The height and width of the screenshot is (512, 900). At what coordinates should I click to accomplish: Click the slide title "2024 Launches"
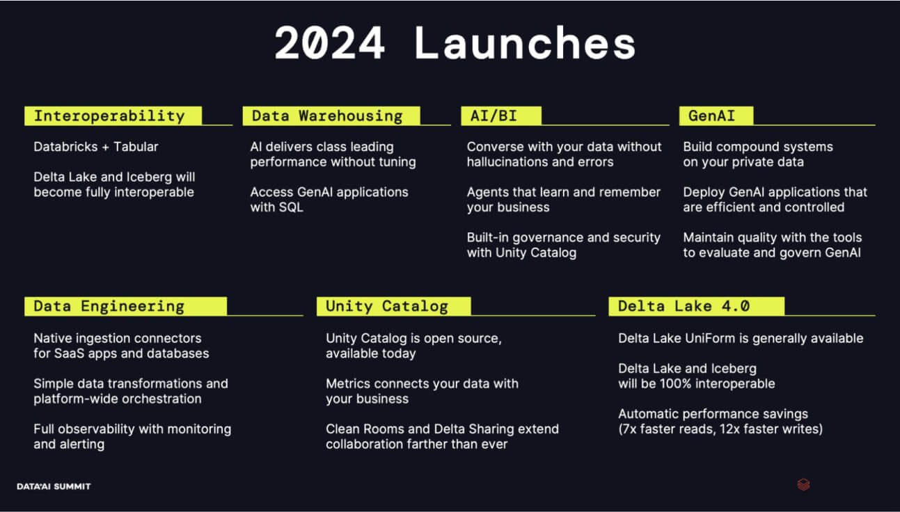[455, 42]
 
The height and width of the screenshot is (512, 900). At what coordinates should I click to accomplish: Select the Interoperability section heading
[113, 116]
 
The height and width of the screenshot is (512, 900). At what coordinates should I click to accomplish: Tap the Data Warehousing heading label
[331, 116]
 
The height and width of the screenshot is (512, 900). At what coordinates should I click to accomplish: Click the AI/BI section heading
[501, 116]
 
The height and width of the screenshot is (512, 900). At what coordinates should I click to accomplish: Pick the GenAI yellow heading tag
[716, 116]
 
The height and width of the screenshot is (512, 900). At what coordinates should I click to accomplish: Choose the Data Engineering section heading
[125, 306]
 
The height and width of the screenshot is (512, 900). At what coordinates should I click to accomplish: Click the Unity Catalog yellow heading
[393, 306]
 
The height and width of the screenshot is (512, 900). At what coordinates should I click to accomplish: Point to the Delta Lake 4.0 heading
[696, 306]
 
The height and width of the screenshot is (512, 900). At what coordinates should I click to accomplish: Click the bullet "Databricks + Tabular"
[96, 147]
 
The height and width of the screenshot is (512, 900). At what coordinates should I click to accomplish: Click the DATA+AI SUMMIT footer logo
[54, 486]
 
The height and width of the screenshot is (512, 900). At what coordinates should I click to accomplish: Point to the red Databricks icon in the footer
[803, 485]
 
